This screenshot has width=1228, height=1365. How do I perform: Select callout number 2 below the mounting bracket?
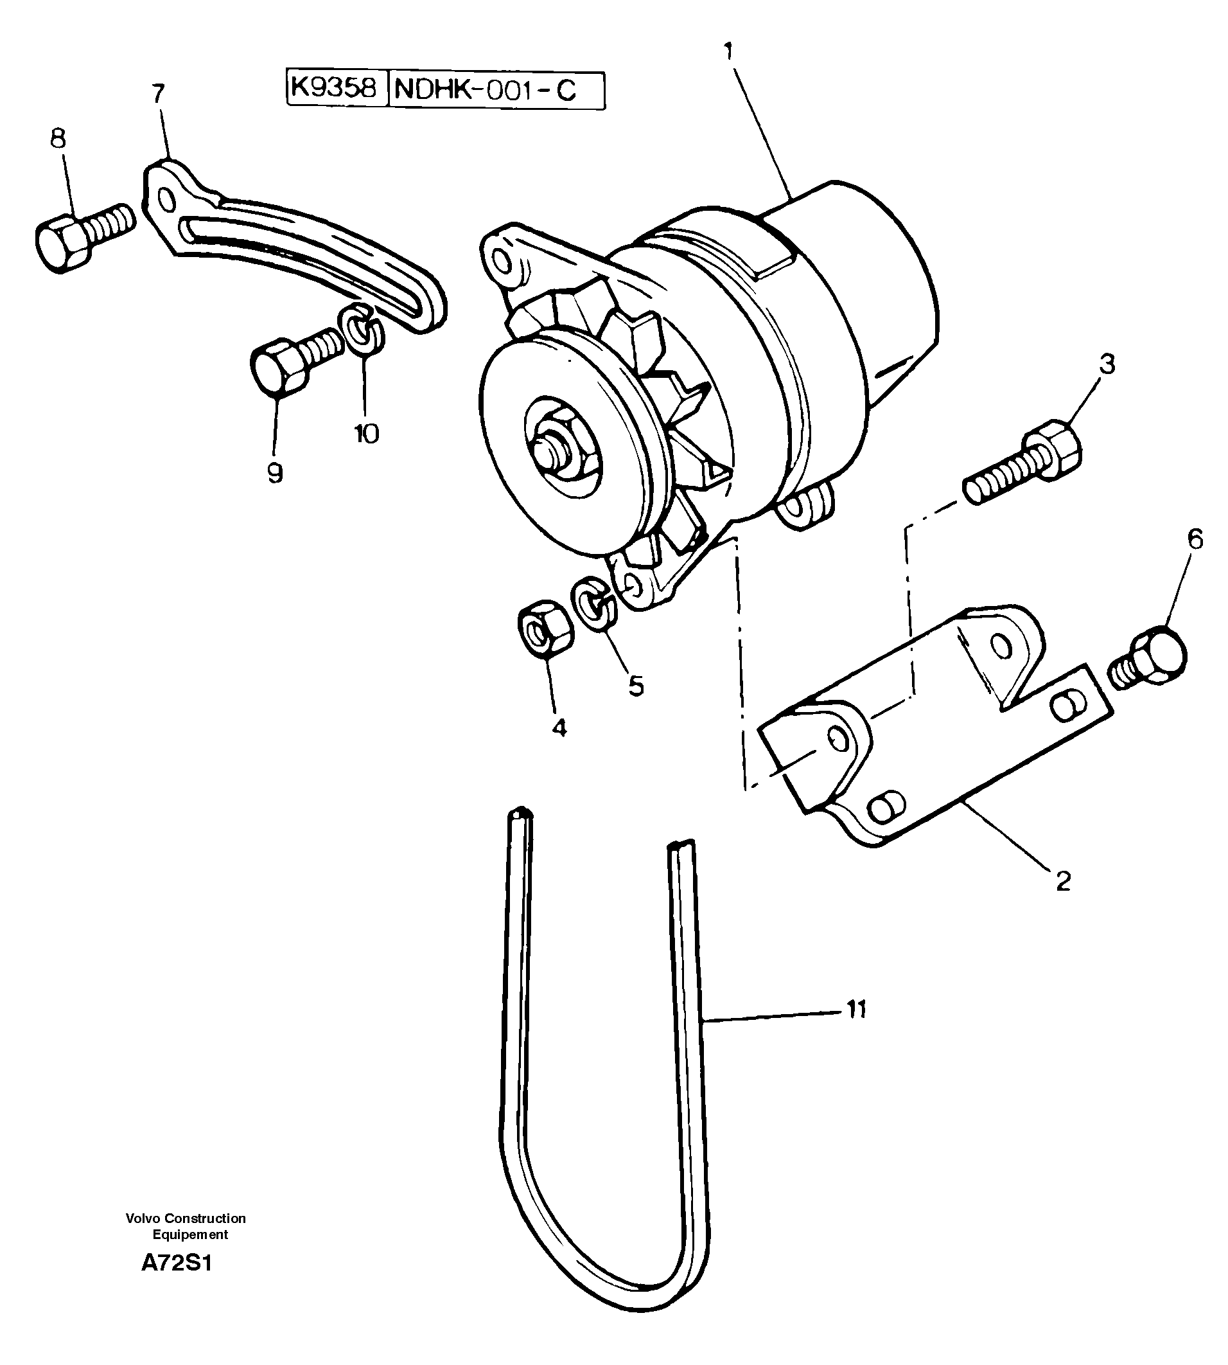pos(1063,881)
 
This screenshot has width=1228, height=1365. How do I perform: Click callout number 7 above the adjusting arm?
pos(158,93)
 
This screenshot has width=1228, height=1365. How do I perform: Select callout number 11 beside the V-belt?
pos(855,1029)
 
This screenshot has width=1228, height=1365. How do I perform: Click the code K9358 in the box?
pos(335,89)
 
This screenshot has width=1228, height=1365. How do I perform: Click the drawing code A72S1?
pos(177,1263)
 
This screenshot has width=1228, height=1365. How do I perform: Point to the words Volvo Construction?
pos(186,1218)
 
